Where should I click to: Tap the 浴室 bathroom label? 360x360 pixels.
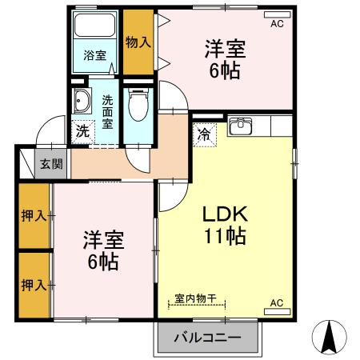95,55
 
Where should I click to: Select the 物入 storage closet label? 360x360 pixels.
138,42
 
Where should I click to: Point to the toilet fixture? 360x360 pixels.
139,103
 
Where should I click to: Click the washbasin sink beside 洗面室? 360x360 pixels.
82,102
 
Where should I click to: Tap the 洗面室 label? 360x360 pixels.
108,113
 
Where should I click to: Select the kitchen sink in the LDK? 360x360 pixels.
241,126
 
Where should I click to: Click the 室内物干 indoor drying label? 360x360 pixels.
197,298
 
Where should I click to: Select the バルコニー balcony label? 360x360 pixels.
208,338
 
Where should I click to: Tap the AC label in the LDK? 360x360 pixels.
277,303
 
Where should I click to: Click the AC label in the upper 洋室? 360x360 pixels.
277,24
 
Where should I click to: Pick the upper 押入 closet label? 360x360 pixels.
33,216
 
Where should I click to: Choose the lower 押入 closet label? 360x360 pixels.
33,284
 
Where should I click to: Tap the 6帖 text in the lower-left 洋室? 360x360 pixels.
102,262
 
